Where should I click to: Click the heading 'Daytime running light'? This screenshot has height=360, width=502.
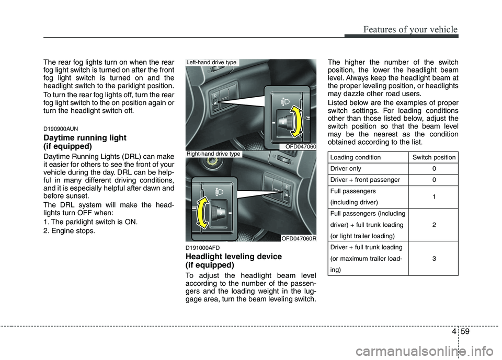point(85,137)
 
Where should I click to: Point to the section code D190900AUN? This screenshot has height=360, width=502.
point(62,127)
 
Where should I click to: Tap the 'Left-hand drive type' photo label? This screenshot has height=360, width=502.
point(212,63)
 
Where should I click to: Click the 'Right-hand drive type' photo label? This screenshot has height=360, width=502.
point(213,154)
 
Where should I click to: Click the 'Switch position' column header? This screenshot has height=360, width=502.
point(434,157)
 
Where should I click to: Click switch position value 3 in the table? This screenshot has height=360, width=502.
point(434,258)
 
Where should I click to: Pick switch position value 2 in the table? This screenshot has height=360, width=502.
point(434,225)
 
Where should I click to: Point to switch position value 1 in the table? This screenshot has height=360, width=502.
point(434,196)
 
